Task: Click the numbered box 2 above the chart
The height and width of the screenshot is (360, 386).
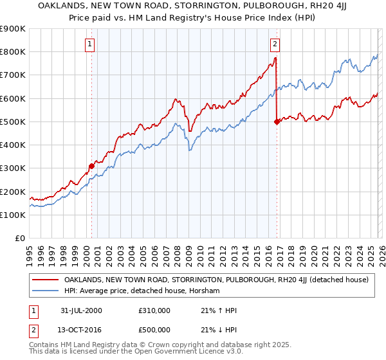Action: (x=275, y=44)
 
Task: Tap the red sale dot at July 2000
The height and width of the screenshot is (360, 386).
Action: (x=91, y=166)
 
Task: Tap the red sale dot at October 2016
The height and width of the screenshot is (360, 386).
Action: (x=277, y=122)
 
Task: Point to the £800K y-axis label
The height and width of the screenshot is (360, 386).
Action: (x=13, y=51)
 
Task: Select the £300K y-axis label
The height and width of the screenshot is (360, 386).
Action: (x=13, y=168)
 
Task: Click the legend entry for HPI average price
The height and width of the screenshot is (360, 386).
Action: (x=142, y=291)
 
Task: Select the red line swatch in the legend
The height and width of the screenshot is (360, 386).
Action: (x=46, y=280)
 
